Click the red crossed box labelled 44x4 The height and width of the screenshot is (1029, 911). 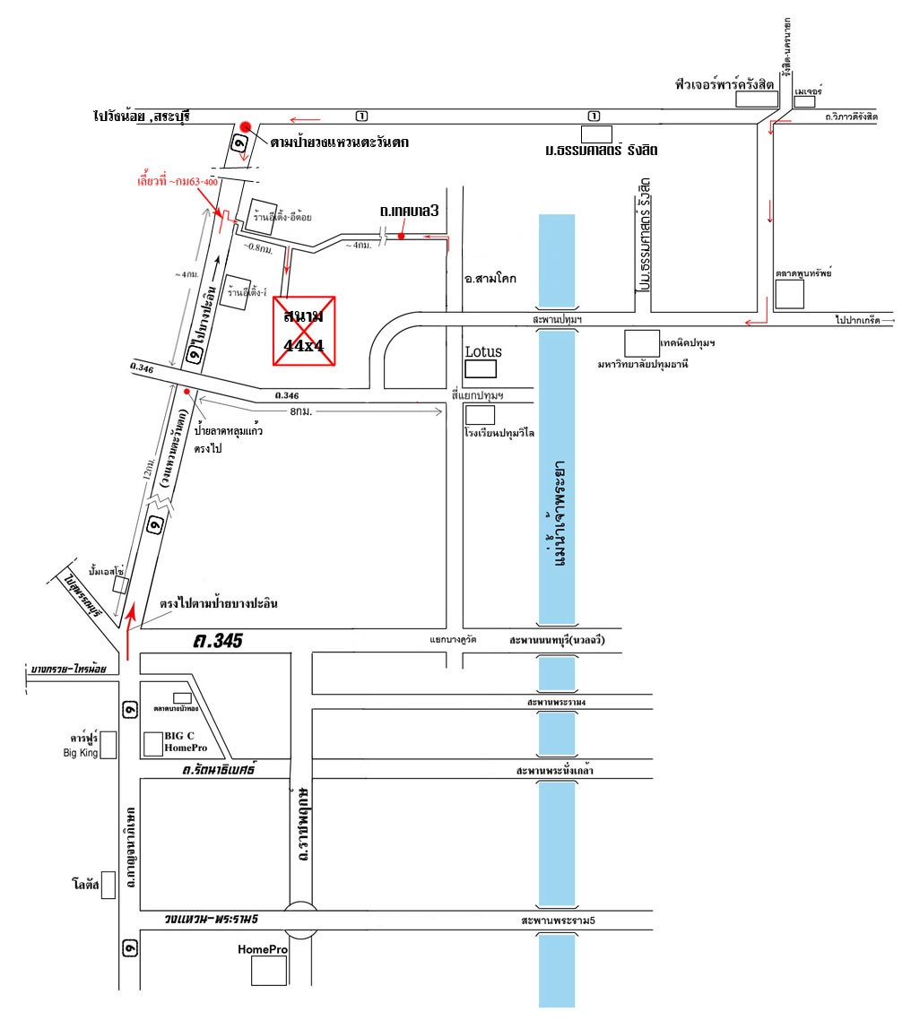pos(306,331)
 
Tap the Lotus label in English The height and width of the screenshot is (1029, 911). pos(483,351)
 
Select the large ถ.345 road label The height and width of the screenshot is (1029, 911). pos(219,642)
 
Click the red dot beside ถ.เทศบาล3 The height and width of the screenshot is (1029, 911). pos(402,237)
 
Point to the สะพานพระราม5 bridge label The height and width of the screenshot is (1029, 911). pos(557,921)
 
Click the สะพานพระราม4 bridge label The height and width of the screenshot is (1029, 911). pos(557,703)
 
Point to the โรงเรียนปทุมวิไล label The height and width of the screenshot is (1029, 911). pos(500,431)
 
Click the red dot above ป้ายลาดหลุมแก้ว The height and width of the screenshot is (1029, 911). pos(186,391)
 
